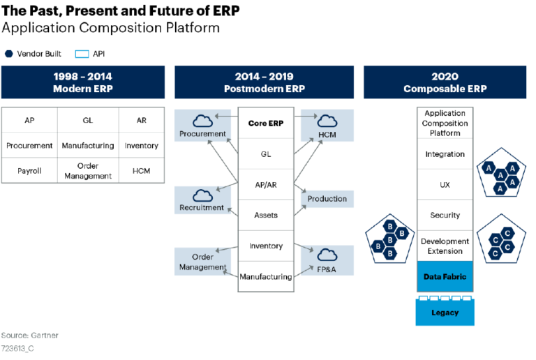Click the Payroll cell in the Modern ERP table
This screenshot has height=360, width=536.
pyautogui.click(x=29, y=171)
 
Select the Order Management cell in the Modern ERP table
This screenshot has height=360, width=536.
pyautogui.click(x=87, y=171)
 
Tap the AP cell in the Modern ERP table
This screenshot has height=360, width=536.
pyautogui.click(x=29, y=120)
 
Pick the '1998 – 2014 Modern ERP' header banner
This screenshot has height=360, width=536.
pyautogui.click(x=83, y=82)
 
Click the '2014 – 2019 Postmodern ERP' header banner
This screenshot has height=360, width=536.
pyautogui.click(x=264, y=82)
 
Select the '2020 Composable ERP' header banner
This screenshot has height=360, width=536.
pyautogui.click(x=445, y=82)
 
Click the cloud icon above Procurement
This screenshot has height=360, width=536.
pyautogui.click(x=202, y=119)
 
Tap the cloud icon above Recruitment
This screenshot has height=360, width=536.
pyautogui.click(x=202, y=195)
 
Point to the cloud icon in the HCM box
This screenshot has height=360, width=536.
pyautogui.click(x=327, y=119)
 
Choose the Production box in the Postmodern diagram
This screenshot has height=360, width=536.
pyautogui.click(x=327, y=199)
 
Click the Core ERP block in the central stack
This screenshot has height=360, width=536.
pyautogui.click(x=265, y=123)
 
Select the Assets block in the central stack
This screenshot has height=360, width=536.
pyautogui.click(x=265, y=216)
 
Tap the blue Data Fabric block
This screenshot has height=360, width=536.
pyautogui.click(x=445, y=277)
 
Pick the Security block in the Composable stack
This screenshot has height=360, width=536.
pyautogui.click(x=445, y=216)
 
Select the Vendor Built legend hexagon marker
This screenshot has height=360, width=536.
pyautogui.click(x=8, y=54)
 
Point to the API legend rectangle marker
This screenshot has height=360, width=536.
pyautogui.click(x=82, y=54)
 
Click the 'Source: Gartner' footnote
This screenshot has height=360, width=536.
pyautogui.click(x=29, y=335)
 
